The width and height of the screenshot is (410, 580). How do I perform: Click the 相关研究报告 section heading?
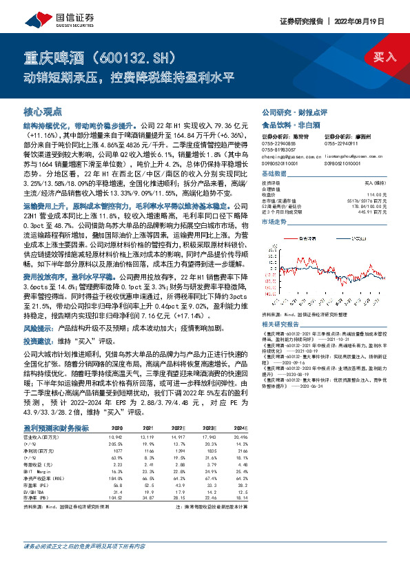click(280, 304)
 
